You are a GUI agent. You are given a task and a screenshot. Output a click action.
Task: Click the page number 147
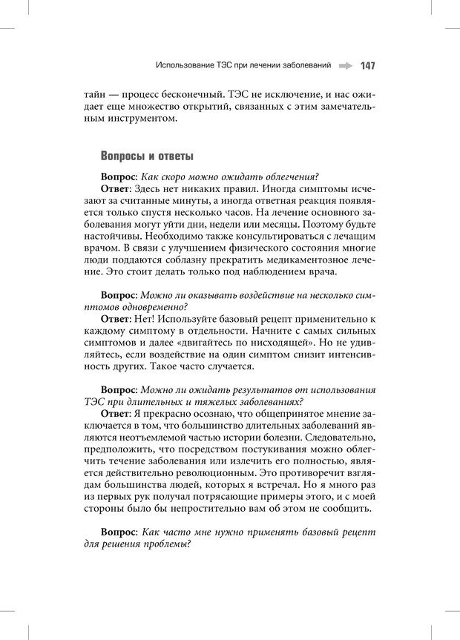367,66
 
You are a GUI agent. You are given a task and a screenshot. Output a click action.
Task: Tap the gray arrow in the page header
344,66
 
